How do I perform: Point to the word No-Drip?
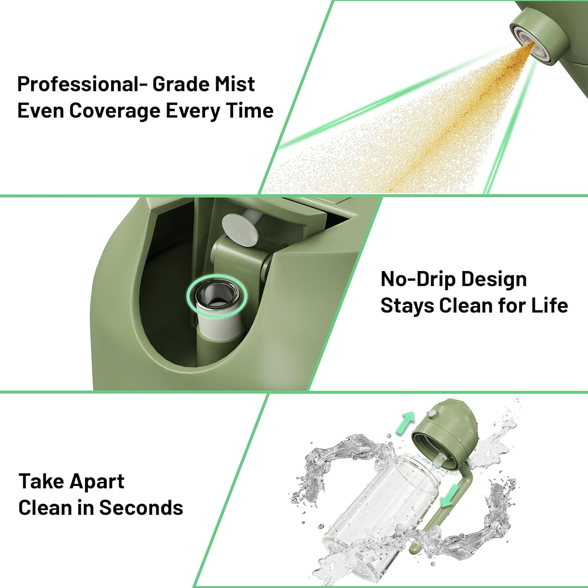[x=418, y=279]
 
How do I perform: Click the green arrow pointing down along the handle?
[x=449, y=495]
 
